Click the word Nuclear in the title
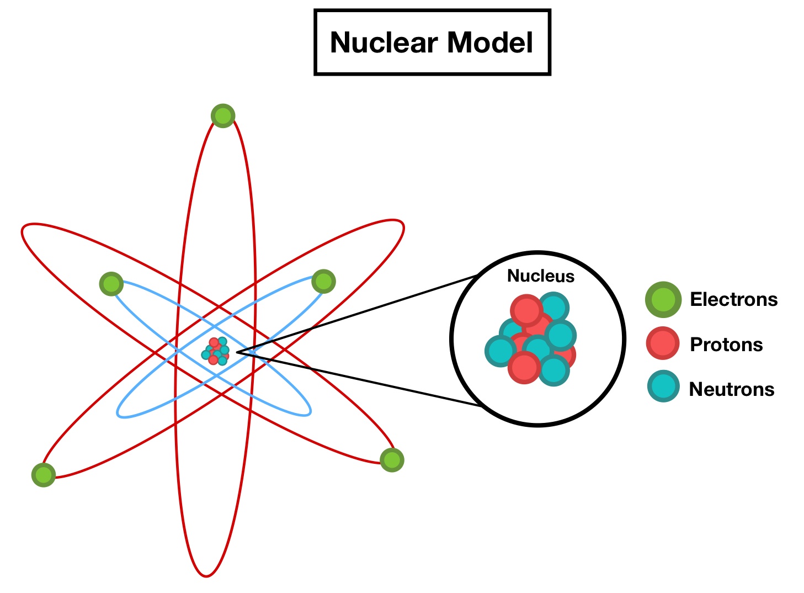pos(383,43)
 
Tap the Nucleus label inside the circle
pos(540,276)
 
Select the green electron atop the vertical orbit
pos(223,116)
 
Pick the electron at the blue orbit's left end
pos(111,284)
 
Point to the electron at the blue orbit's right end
pos(323,282)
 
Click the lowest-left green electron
pos(44,475)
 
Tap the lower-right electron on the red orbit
pos(392,459)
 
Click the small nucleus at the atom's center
pos(216,351)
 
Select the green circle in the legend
pos(663,299)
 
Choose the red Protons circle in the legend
pos(663,343)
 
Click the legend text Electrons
pos(733,299)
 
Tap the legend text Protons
pos(726,345)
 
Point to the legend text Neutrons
pos(732,389)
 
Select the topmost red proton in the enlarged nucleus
pos(526,310)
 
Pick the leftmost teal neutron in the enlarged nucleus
pos(500,351)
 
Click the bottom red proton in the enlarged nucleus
pos(524,367)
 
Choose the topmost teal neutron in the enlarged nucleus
pos(553,307)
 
